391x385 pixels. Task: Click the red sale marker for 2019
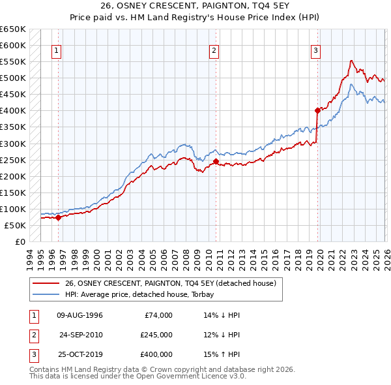point(317,110)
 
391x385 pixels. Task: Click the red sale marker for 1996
point(58,217)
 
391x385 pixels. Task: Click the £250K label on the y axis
point(13,160)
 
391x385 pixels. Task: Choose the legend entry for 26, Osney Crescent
point(171,283)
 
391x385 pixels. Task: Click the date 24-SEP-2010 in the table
point(81,335)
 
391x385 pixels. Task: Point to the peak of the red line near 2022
point(351,61)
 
